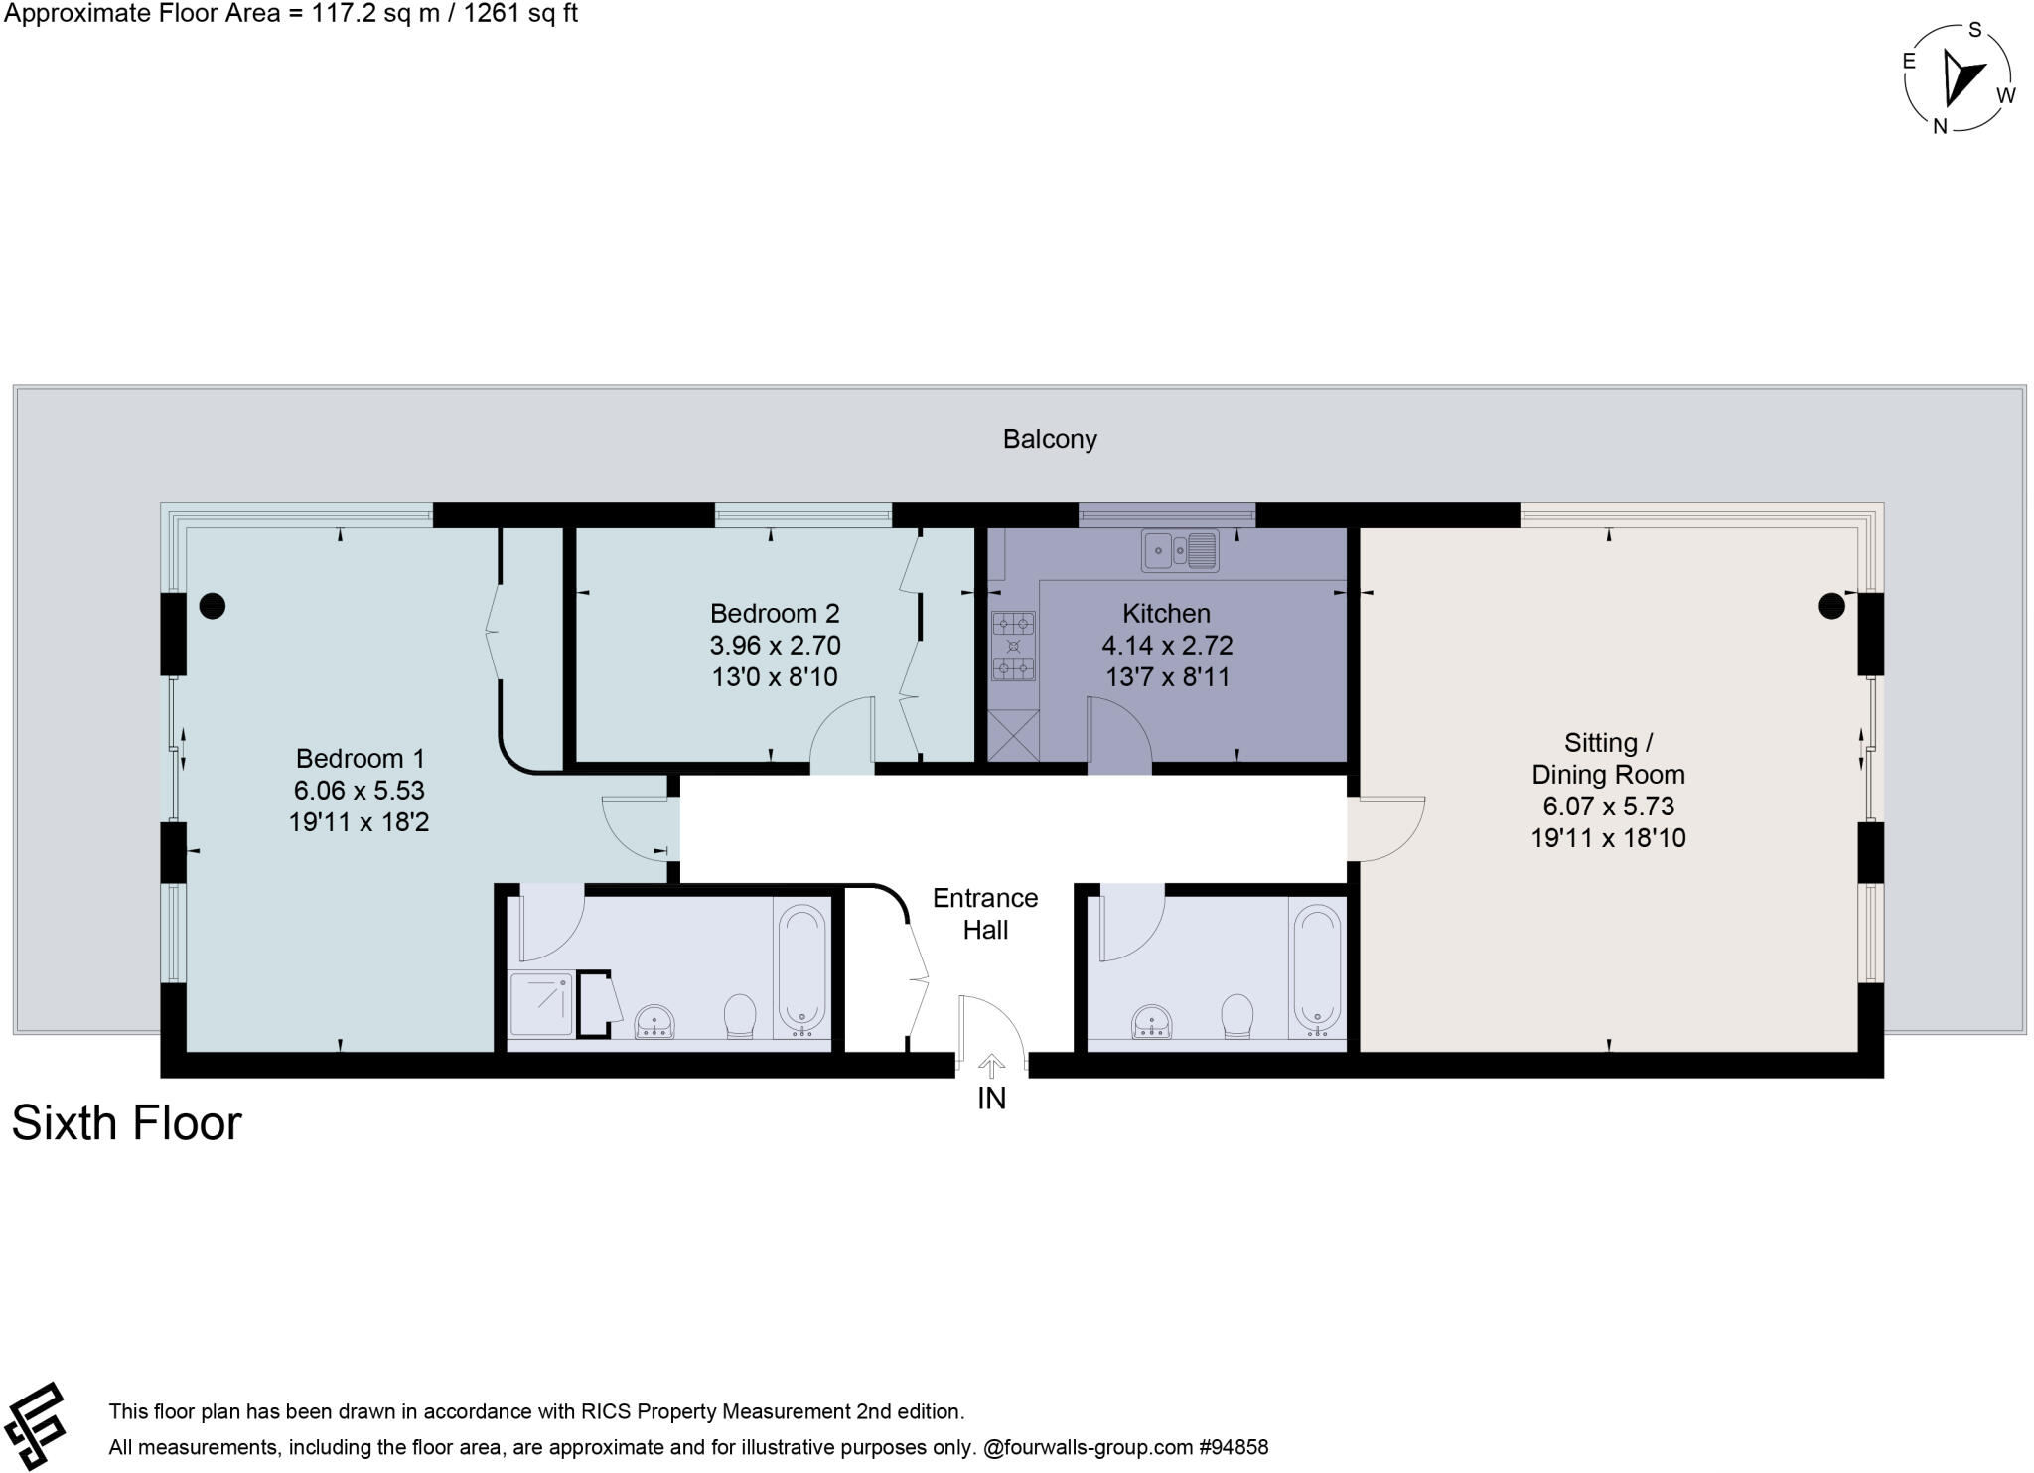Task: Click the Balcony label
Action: click(x=1049, y=439)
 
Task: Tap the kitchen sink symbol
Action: click(x=1180, y=551)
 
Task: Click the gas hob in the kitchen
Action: click(x=1013, y=647)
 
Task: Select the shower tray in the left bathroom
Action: click(x=541, y=1005)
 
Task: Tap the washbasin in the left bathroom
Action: click(x=654, y=1020)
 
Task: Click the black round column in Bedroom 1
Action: click(x=213, y=605)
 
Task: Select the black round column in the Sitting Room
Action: click(x=1830, y=605)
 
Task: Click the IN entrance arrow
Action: click(x=991, y=1068)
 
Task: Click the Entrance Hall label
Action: click(x=984, y=914)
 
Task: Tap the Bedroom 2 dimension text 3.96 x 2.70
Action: click(x=775, y=646)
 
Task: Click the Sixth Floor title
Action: click(x=126, y=1123)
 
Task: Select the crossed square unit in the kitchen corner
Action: click(x=1013, y=737)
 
